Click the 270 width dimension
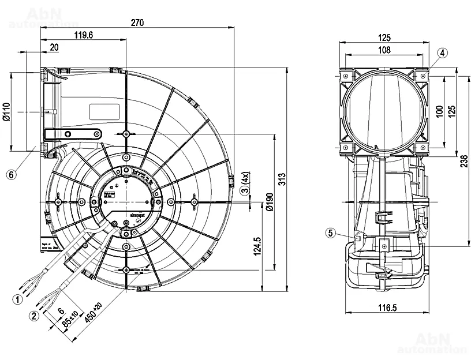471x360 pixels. [137, 23]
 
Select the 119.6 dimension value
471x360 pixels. [84, 36]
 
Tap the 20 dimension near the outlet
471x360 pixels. [54, 48]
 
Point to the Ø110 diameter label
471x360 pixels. [6, 111]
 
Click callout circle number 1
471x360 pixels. [18, 299]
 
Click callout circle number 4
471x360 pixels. [442, 53]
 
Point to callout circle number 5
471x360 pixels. [330, 233]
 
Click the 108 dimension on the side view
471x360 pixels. [384, 50]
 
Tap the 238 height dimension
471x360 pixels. [465, 163]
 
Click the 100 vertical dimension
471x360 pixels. [439, 111]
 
